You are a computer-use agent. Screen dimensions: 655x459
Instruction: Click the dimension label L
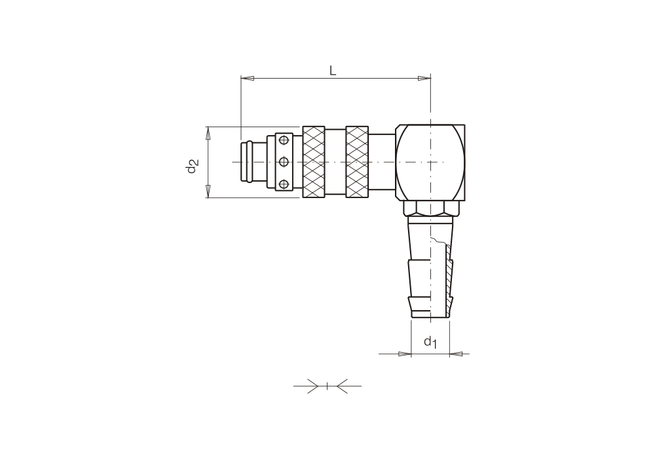(333, 70)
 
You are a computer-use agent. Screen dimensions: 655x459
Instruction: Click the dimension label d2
(191, 166)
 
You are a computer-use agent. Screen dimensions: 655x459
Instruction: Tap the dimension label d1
(430, 342)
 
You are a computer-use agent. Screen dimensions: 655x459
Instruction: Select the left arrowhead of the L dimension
(248, 78)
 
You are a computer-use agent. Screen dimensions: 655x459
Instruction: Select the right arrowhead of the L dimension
(424, 78)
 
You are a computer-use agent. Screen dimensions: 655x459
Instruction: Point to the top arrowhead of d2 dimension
(208, 133)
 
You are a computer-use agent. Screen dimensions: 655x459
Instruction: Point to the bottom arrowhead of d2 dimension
(208, 191)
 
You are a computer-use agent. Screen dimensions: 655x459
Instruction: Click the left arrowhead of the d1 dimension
(405, 354)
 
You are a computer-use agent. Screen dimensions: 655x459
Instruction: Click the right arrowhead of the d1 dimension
(456, 354)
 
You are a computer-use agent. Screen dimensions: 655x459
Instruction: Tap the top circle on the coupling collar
(284, 140)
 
